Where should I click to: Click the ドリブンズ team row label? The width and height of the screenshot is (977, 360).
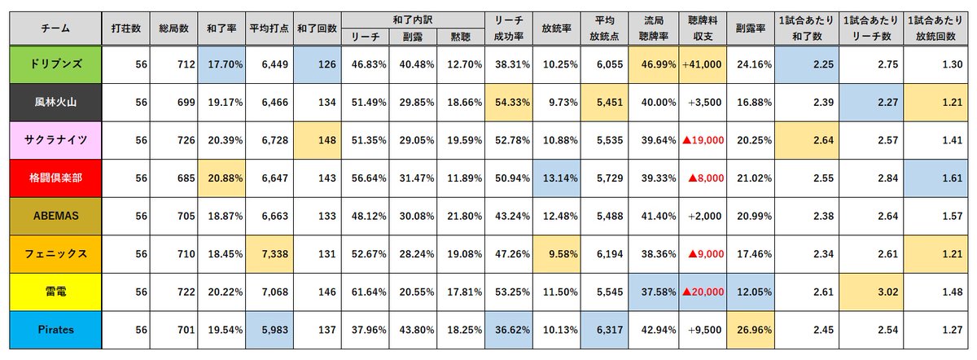[x=55, y=65]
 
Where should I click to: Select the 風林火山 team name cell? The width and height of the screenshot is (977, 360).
[x=55, y=103]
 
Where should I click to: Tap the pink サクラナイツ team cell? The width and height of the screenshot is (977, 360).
[x=55, y=140]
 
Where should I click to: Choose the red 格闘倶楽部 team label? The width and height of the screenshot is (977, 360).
[x=55, y=178]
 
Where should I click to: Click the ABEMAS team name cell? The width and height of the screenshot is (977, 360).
[x=55, y=216]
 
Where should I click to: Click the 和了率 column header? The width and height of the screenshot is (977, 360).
[x=221, y=28]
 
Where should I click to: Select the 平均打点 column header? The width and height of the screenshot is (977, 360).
[x=269, y=28]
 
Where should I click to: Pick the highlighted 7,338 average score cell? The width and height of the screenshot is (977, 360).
[x=269, y=253]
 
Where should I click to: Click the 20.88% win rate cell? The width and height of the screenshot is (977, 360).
[x=221, y=178]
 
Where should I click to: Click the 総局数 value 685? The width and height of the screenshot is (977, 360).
[x=173, y=178]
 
